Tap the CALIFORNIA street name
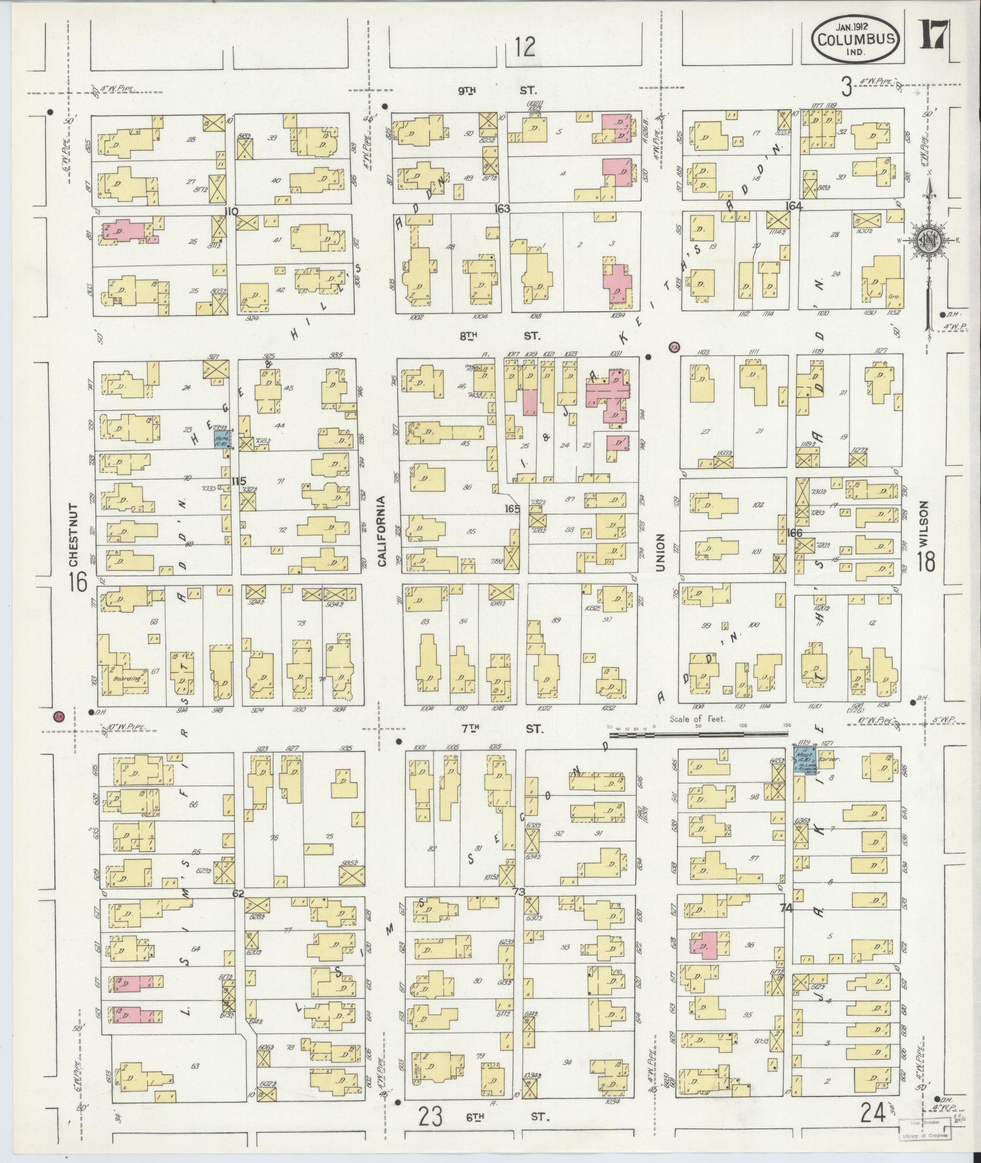[383, 531]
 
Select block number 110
[231, 211]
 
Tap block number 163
[502, 209]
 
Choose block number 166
[794, 533]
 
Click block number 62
[238, 893]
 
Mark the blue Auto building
[221, 440]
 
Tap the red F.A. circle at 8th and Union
[673, 347]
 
